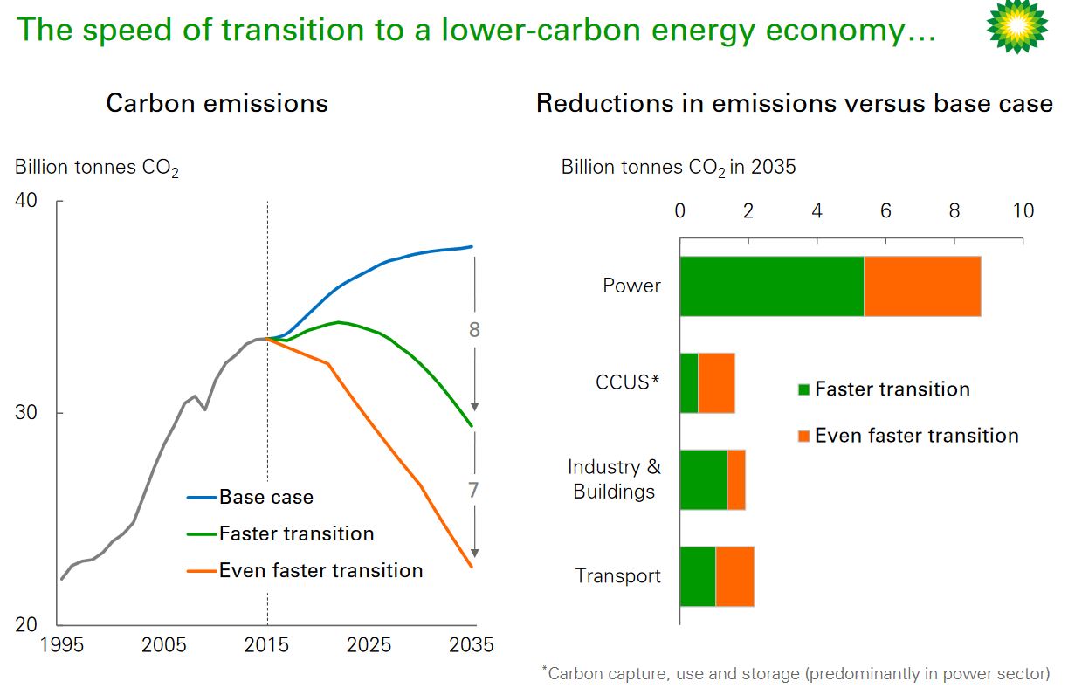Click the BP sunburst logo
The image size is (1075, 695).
(x=1016, y=26)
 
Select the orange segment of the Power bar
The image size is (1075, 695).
(x=922, y=286)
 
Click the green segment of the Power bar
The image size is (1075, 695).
(x=772, y=286)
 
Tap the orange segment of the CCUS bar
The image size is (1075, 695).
(x=716, y=383)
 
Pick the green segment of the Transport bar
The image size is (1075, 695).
(x=698, y=576)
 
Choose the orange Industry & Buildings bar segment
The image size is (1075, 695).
(x=736, y=480)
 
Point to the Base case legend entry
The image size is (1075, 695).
(x=265, y=498)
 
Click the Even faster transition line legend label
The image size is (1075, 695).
(x=320, y=571)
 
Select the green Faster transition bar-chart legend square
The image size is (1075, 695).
(x=803, y=390)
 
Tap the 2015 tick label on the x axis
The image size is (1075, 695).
(x=266, y=646)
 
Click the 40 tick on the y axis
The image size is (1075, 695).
(x=26, y=201)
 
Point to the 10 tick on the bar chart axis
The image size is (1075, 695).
(x=1023, y=211)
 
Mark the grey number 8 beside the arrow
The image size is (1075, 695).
(x=474, y=330)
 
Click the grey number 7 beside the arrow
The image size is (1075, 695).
(x=473, y=491)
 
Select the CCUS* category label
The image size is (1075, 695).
(x=626, y=382)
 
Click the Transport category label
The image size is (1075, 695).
(x=617, y=576)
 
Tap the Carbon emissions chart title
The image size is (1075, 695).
(x=217, y=103)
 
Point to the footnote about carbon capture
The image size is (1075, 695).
(x=795, y=673)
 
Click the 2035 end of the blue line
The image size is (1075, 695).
(x=472, y=247)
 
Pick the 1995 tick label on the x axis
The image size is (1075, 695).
(x=61, y=646)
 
